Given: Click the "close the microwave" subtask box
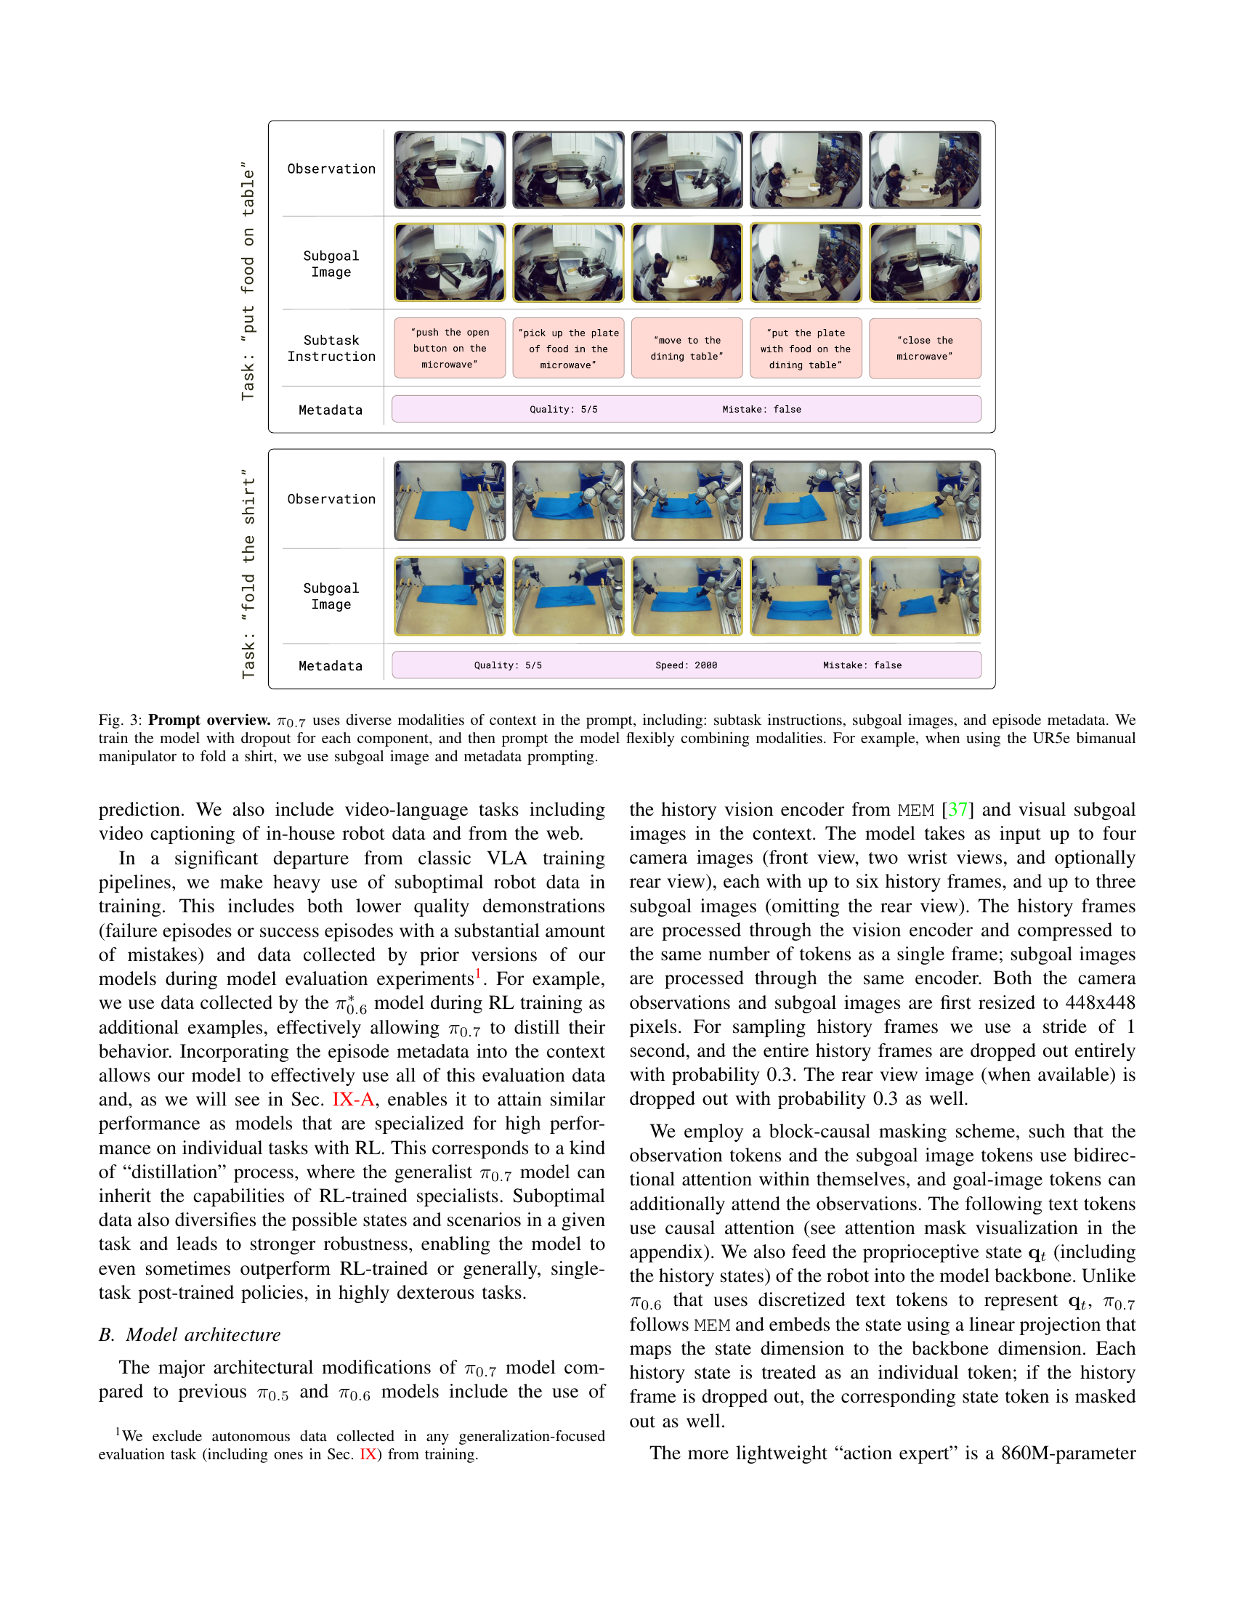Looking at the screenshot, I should [x=925, y=348].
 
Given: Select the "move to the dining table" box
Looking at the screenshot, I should [x=687, y=348].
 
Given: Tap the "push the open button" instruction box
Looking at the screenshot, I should [x=449, y=348].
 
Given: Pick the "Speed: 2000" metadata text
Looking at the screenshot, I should [x=686, y=665].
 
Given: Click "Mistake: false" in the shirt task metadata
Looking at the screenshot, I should [x=862, y=665].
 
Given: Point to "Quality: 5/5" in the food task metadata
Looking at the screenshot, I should [x=563, y=409].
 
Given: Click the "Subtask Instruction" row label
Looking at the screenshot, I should [x=331, y=348].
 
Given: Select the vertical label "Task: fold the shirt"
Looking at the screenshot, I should [x=248, y=574].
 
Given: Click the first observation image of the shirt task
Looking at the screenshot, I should [x=449, y=500].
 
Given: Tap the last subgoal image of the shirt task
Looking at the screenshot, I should [x=925, y=596].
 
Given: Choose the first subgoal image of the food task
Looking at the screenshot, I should [x=449, y=263].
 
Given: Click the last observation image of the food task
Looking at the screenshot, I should [x=925, y=170].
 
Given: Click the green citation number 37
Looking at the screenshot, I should [x=957, y=810].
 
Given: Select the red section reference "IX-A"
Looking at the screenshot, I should [x=353, y=1100].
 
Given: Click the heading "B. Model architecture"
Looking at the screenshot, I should [x=190, y=1334].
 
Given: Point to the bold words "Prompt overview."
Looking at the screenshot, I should [x=209, y=720].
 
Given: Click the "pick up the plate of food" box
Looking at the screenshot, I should [x=568, y=348].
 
